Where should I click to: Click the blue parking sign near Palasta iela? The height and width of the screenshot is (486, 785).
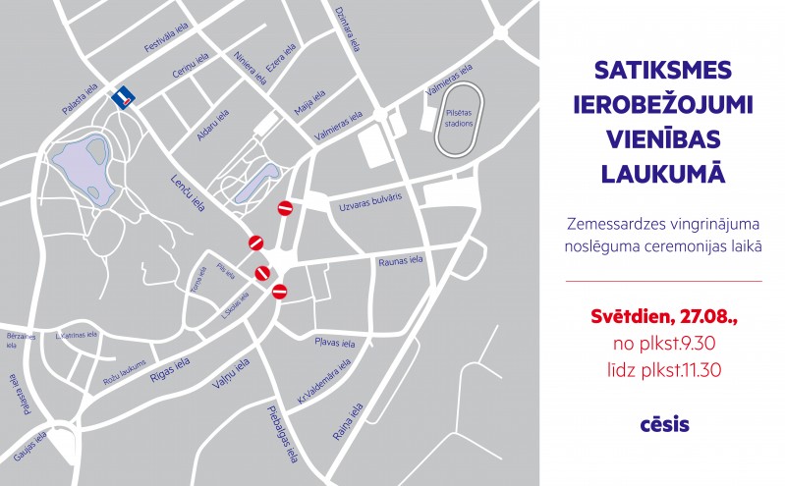(124, 95)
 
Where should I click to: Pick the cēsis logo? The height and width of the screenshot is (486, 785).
(663, 425)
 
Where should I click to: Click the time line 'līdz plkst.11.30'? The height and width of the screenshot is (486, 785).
(663, 370)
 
